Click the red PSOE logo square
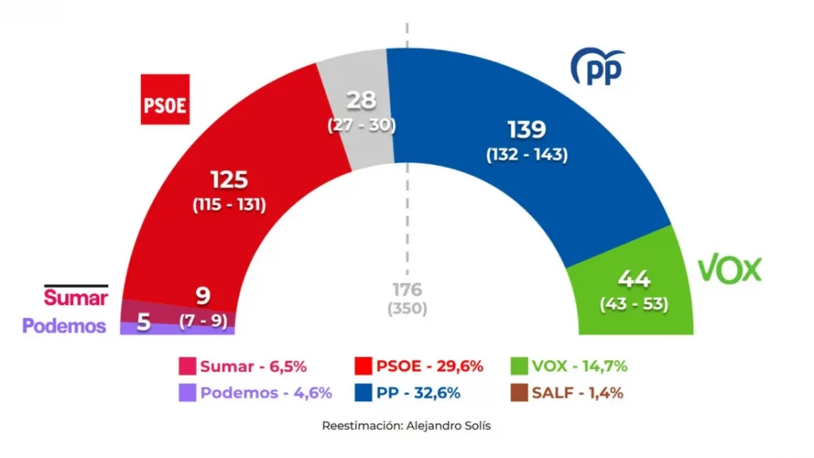165,100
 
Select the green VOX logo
730,269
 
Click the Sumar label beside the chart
75,297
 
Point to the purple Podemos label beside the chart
64,325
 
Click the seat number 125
229,180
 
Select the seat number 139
526,129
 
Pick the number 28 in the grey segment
361,101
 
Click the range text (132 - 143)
526,155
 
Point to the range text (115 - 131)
229,205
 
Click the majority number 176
407,290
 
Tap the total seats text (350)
407,308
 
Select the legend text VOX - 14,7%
580,366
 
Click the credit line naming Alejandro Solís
406,426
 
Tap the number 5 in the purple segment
143,323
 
